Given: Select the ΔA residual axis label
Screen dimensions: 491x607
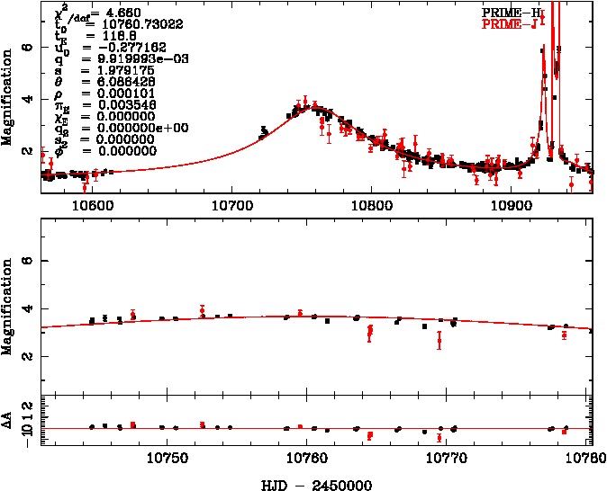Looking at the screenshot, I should point(9,421).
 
